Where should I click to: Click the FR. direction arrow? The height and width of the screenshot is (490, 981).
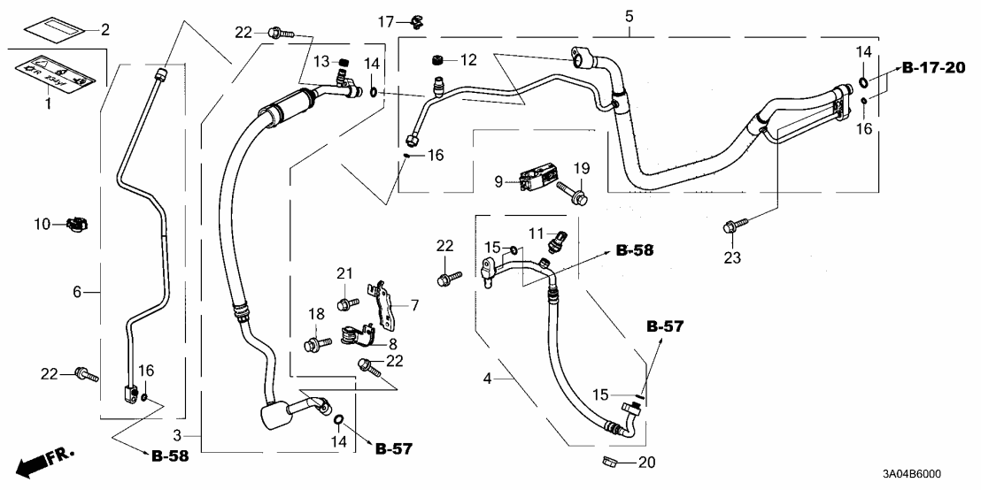(44, 462)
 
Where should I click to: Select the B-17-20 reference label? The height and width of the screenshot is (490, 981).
(934, 68)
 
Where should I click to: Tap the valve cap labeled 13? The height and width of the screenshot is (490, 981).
(347, 61)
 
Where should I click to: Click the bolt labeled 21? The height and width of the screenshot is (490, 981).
(347, 303)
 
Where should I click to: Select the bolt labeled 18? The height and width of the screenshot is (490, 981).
(315, 343)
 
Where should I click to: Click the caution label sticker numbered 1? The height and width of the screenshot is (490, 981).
(55, 73)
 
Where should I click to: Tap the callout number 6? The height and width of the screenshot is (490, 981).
(77, 291)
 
